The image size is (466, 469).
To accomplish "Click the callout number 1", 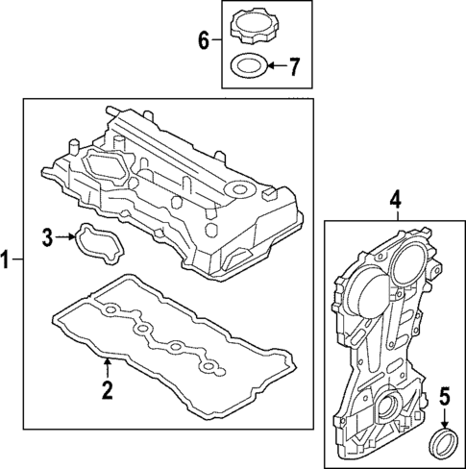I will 8,260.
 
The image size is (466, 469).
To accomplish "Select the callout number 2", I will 108,389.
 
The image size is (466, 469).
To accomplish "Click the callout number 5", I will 444,395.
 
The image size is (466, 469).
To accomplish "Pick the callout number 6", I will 204,40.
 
